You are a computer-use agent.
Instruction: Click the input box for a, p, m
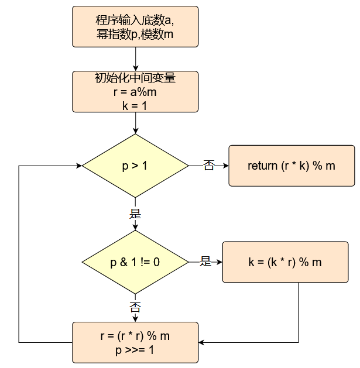[x=135, y=27]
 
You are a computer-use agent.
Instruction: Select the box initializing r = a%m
[x=135, y=91]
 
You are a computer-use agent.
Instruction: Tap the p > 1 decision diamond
[x=135, y=166]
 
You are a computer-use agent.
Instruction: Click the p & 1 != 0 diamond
[x=135, y=262]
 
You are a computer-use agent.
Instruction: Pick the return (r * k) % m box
[x=291, y=166]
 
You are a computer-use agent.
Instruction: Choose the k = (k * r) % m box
[x=285, y=262]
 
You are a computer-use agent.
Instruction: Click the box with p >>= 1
[x=135, y=343]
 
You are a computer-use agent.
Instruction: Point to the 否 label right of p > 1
[x=208, y=166]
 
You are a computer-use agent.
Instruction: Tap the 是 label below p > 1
[x=135, y=214]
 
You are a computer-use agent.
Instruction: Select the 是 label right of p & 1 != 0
[x=205, y=262]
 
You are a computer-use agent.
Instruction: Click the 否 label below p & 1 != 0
[x=135, y=307]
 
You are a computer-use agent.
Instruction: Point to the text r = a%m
[x=135, y=91]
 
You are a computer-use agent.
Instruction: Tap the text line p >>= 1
[x=135, y=350]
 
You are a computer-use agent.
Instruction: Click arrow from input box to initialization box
[x=135, y=59]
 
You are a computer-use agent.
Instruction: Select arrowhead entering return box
[x=225, y=166]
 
